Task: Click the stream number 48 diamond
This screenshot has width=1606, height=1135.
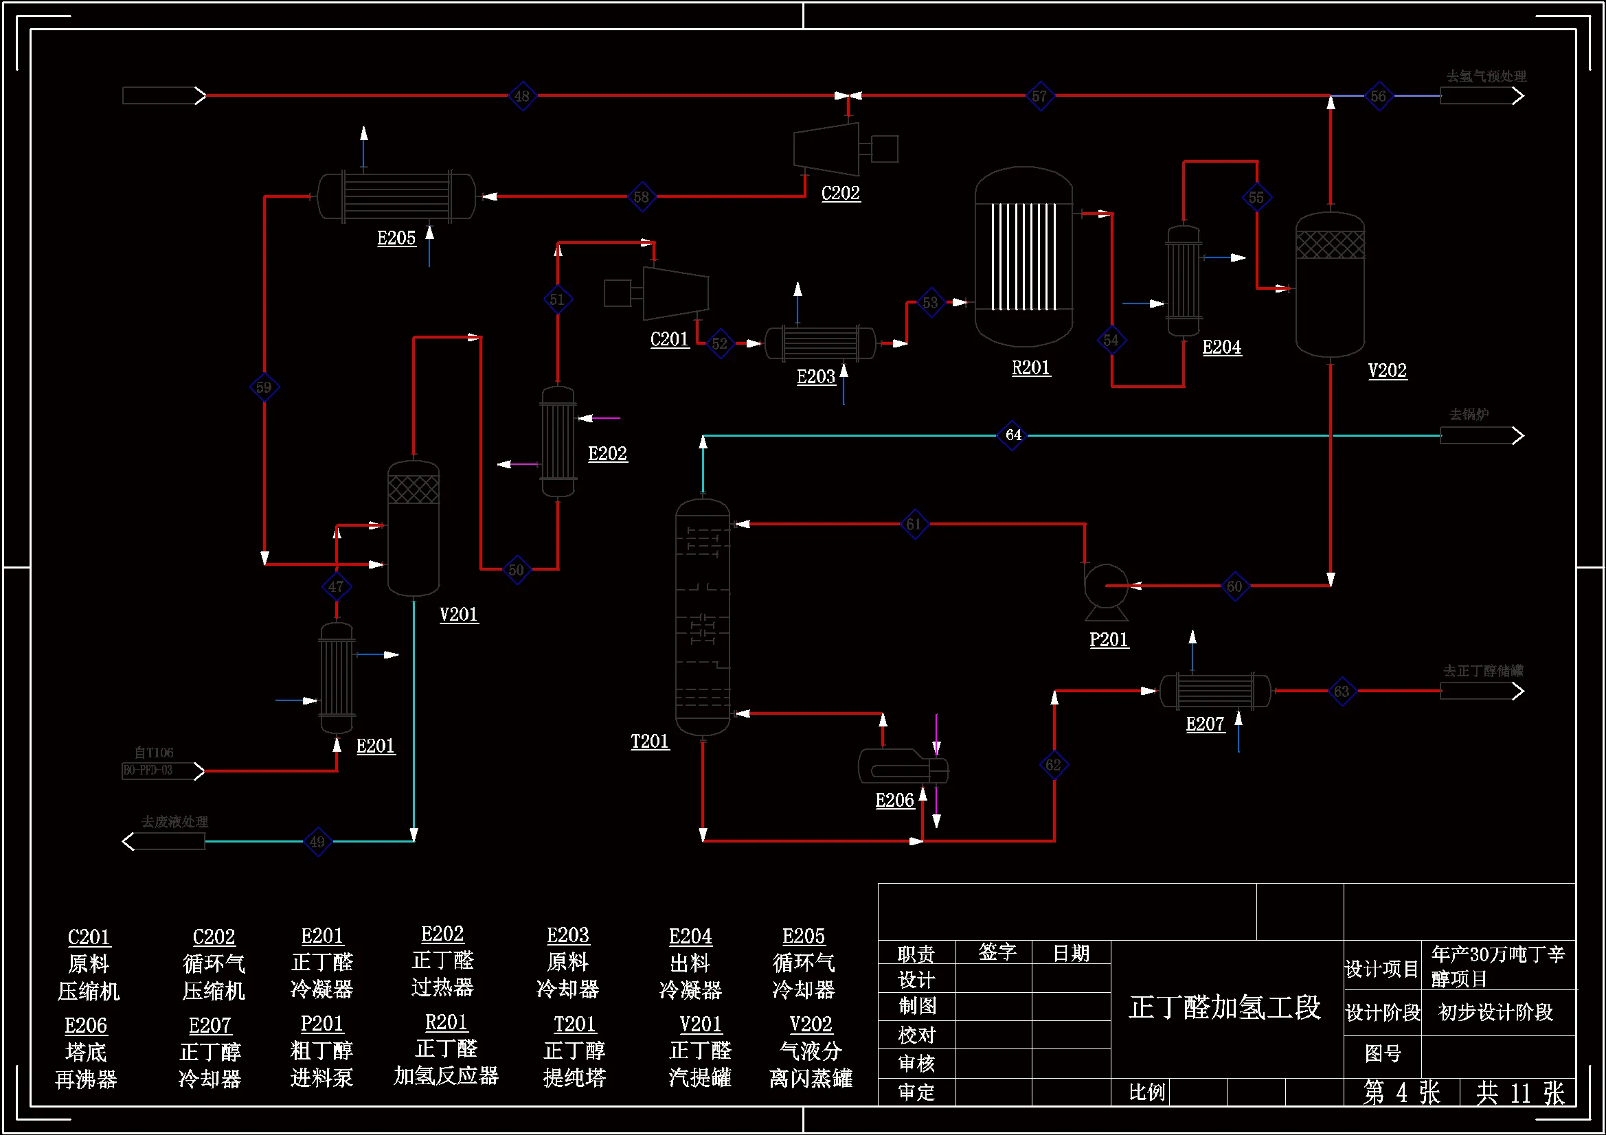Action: pyautogui.click(x=522, y=96)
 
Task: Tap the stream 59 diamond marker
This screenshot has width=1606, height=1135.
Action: pyautogui.click(x=264, y=387)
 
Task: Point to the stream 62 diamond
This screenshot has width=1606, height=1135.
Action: pyautogui.click(x=1054, y=764)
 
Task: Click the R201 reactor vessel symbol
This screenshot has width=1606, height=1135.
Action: pyautogui.click(x=1023, y=257)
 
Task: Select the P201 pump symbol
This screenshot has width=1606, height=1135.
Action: pyautogui.click(x=1106, y=590)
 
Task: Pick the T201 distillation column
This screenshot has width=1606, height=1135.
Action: pyautogui.click(x=702, y=617)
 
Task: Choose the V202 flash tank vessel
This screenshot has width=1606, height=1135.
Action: pyautogui.click(x=1330, y=285)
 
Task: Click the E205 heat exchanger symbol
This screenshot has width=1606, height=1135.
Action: pyautogui.click(x=396, y=196)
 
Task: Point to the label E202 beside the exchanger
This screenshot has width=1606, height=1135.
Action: pyautogui.click(x=607, y=454)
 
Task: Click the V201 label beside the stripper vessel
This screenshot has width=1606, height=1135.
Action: pyautogui.click(x=459, y=615)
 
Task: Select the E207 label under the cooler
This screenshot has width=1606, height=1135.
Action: pyautogui.click(x=1205, y=724)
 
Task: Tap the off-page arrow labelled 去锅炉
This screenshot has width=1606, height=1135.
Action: pyautogui.click(x=1481, y=436)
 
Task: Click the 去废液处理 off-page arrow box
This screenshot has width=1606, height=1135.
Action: pyautogui.click(x=165, y=840)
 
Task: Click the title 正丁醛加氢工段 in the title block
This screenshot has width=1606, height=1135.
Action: pyautogui.click(x=1225, y=1008)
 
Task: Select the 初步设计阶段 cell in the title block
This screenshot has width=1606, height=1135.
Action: pyautogui.click(x=1495, y=1012)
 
